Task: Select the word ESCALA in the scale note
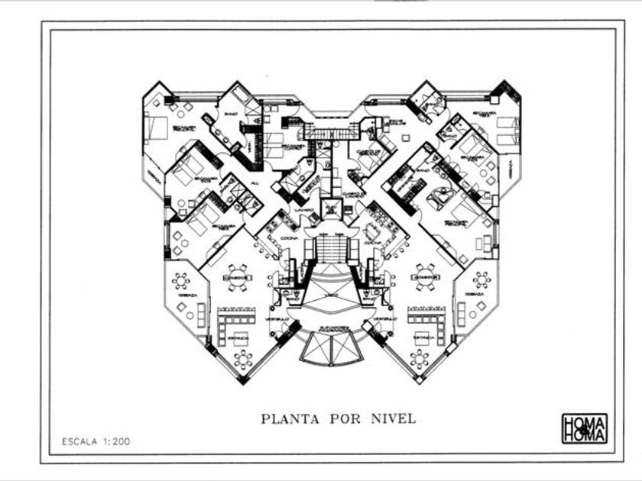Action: (80, 441)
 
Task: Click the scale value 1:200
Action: (115, 441)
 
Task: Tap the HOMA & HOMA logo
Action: (584, 428)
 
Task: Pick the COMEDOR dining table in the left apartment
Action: (238, 277)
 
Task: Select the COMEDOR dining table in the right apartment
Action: (424, 277)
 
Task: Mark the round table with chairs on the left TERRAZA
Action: (181, 280)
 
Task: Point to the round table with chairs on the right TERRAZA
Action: (481, 280)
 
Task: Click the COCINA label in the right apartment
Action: (373, 244)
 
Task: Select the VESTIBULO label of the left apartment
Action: (277, 318)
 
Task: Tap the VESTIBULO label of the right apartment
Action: (386, 318)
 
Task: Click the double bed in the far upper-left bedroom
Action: (157, 128)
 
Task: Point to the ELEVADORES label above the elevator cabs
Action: (331, 328)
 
